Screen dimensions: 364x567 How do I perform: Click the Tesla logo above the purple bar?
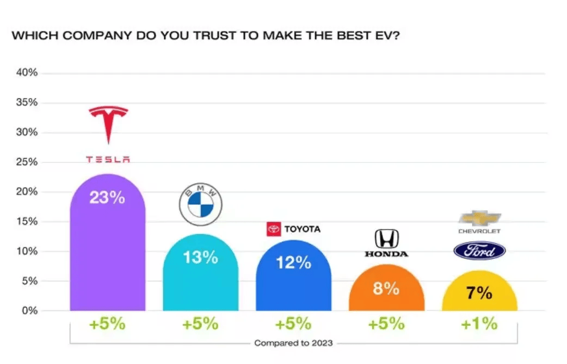pyautogui.click(x=108, y=133)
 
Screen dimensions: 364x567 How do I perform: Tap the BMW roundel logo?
pyautogui.click(x=200, y=204)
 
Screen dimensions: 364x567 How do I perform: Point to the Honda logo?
pyautogui.click(x=386, y=243)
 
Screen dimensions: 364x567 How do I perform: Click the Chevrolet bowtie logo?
pyautogui.click(x=479, y=218)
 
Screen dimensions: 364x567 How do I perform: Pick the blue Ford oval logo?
pyautogui.click(x=479, y=251)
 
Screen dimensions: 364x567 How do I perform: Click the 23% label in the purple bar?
pyautogui.click(x=107, y=197)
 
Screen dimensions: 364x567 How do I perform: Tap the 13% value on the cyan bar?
pyautogui.click(x=200, y=257)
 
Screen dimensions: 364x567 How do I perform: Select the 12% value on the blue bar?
pyautogui.click(x=293, y=263)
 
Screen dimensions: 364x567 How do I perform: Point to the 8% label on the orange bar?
pyautogui.click(x=386, y=288)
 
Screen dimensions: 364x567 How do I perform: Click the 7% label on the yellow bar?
pyautogui.click(x=479, y=293)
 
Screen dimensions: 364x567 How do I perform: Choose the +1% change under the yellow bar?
pyautogui.click(x=479, y=324)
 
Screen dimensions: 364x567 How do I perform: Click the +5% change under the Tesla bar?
pyautogui.click(x=107, y=324)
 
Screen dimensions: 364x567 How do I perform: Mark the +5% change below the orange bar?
pyautogui.click(x=386, y=324)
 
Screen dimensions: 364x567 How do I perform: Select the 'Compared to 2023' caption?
pyautogui.click(x=293, y=343)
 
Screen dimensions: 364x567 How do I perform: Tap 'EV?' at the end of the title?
pyautogui.click(x=386, y=36)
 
